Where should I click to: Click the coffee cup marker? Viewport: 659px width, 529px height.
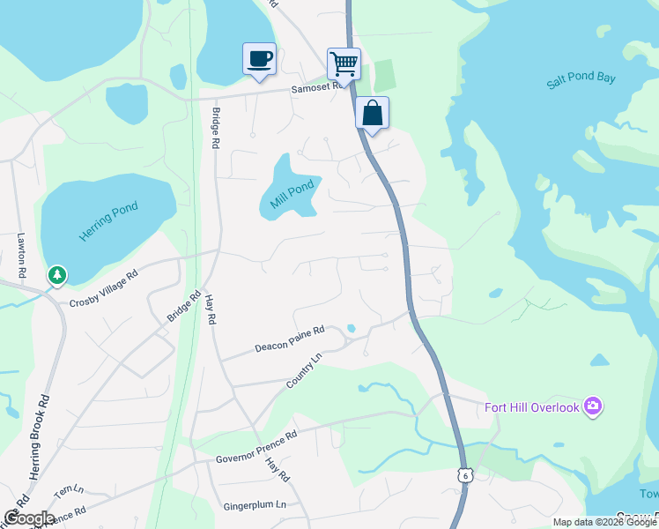click(259, 60)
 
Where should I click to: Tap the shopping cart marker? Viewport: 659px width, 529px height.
click(344, 63)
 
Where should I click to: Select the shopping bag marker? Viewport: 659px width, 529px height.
click(373, 114)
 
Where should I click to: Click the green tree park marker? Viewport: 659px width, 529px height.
click(57, 276)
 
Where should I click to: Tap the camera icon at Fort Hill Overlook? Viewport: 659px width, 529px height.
click(593, 406)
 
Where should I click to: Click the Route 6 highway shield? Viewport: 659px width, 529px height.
click(463, 475)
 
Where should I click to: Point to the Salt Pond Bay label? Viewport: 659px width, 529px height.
click(581, 78)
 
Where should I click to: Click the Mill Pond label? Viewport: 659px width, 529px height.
click(291, 195)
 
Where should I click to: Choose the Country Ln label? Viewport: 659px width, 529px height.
click(305, 370)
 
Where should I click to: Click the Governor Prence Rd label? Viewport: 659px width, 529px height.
click(257, 447)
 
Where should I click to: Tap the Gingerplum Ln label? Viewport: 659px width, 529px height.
click(255, 505)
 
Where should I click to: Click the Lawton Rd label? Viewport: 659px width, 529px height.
click(23, 256)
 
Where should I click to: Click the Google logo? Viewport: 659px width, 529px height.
click(29, 518)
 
